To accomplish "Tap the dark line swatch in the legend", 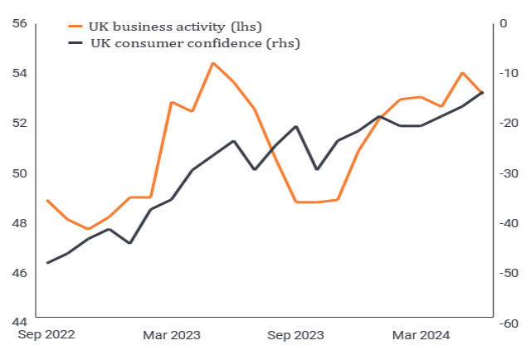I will pyautogui.click(x=77, y=43).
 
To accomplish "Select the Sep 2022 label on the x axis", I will pyautogui.click(x=47, y=335).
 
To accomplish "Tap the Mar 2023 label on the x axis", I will pyautogui.click(x=172, y=335).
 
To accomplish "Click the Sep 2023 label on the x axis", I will pyautogui.click(x=296, y=335).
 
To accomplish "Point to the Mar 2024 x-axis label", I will pyautogui.click(x=421, y=335).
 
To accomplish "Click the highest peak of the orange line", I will pyautogui.click(x=213, y=63).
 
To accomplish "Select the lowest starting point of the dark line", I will pyautogui.click(x=47, y=263).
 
